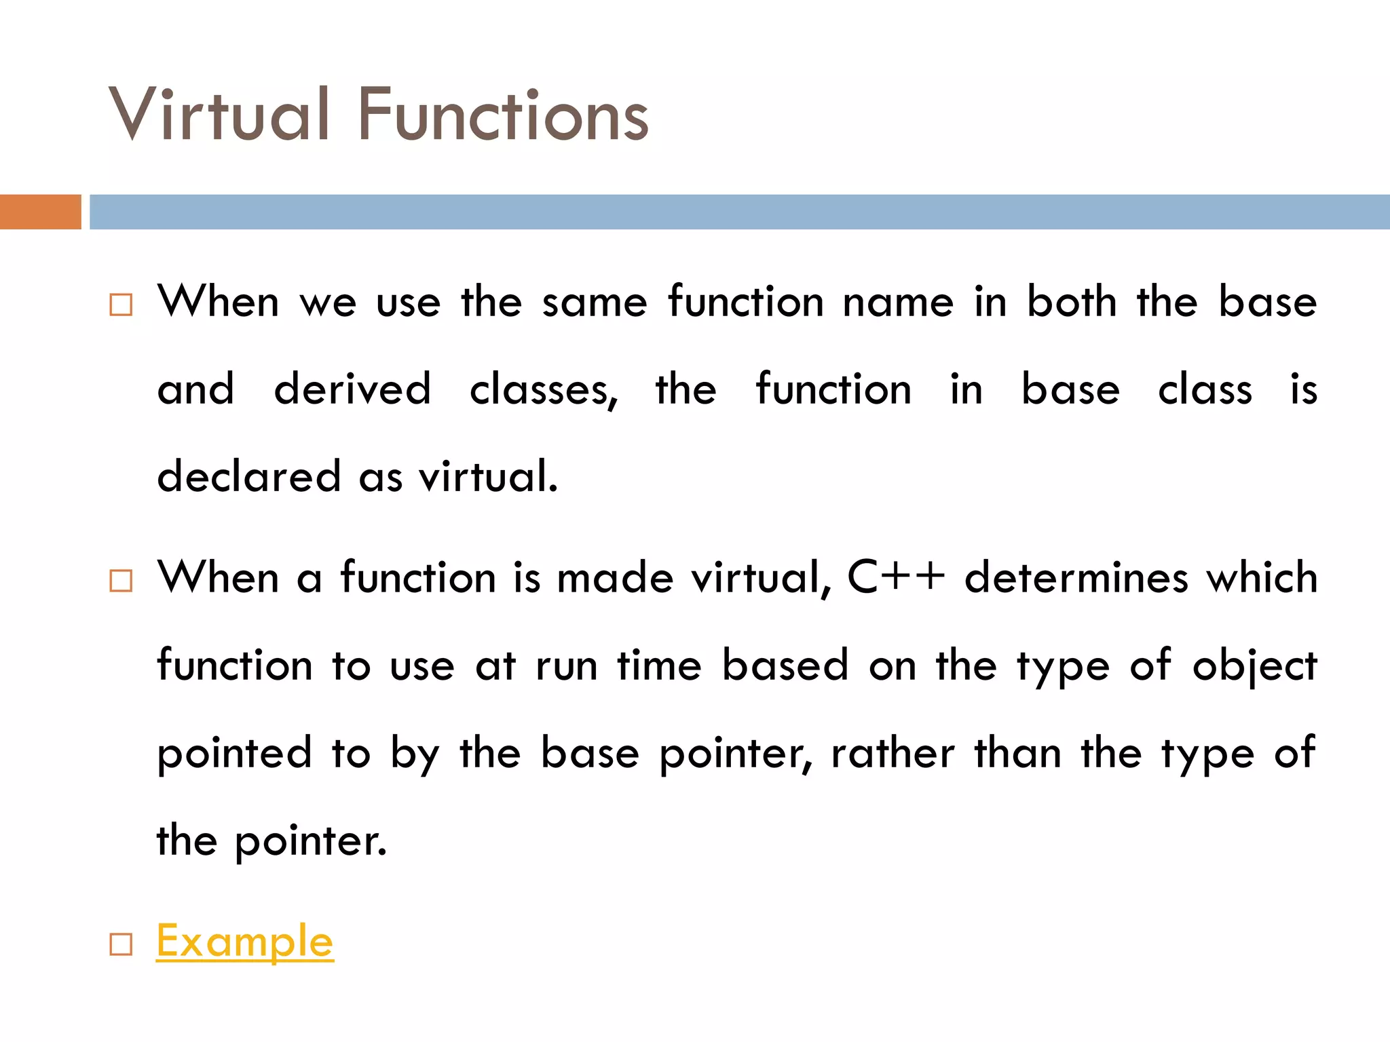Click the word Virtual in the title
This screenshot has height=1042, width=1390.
219,115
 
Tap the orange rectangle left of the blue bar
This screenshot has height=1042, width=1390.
40,212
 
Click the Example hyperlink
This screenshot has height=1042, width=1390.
244,942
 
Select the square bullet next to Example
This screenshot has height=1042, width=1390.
121,944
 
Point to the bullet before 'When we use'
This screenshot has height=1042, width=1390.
121,305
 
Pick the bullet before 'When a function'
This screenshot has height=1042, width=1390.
121,581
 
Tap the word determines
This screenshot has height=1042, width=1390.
1076,577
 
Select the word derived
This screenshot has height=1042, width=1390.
352,389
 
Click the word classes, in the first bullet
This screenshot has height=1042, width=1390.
544,391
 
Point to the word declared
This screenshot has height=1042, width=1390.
248,476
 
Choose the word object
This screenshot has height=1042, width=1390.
1254,666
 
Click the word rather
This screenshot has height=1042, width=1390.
893,753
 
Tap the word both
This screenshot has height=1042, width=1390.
1071,302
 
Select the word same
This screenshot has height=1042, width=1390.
595,303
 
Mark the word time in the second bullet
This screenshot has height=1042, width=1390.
659,665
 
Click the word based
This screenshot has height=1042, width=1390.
785,665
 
